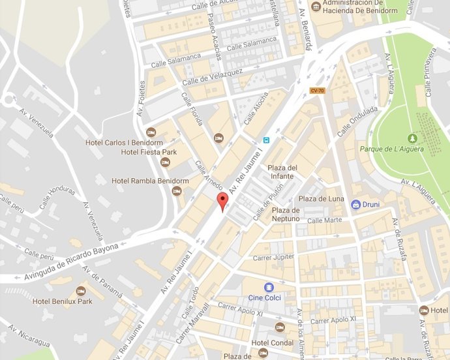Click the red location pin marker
pos(222,202)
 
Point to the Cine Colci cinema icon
pos(269,288)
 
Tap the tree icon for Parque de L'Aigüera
pos(412,138)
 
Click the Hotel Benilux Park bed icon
pos(81,290)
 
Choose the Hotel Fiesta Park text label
pos(149,153)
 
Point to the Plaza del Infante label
pos(284,172)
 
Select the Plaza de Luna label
pos(321,198)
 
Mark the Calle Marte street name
pos(324,220)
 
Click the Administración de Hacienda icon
pos(316,7)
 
